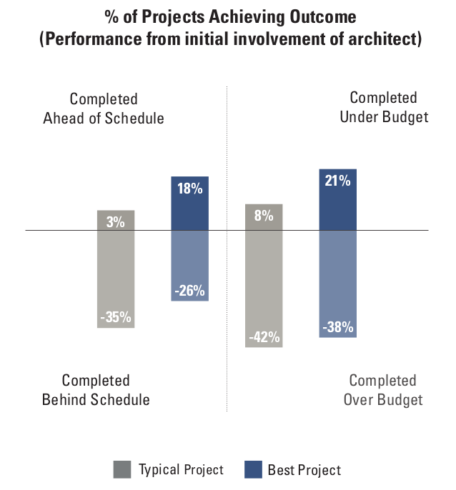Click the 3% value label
tap(116, 221)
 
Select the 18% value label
tap(190, 189)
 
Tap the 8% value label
tap(264, 214)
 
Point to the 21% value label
tap(337, 181)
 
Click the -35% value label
tap(116, 317)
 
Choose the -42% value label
tap(264, 336)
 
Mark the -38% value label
tap(337, 326)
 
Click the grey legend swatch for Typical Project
tap(122, 469)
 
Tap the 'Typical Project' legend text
tap(181, 469)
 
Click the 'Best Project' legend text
tap(304, 470)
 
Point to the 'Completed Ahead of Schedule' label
tap(104, 109)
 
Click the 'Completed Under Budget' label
tap(383, 107)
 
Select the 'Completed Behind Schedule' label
tap(96, 390)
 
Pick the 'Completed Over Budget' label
tap(383, 390)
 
